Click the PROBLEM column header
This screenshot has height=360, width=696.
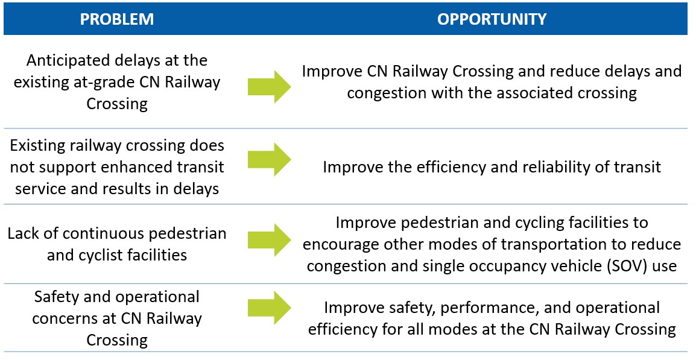coord(117,19)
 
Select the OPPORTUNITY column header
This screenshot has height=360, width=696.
coord(492,19)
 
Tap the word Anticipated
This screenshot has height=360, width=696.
coord(60,60)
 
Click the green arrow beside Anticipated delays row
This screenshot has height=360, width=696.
coord(270,87)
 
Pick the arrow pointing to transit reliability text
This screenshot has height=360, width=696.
coord(270,159)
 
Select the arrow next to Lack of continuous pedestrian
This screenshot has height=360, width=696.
coord(270,240)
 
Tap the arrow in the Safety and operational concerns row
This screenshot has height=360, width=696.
coord(270,308)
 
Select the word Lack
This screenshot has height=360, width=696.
coord(22,233)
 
